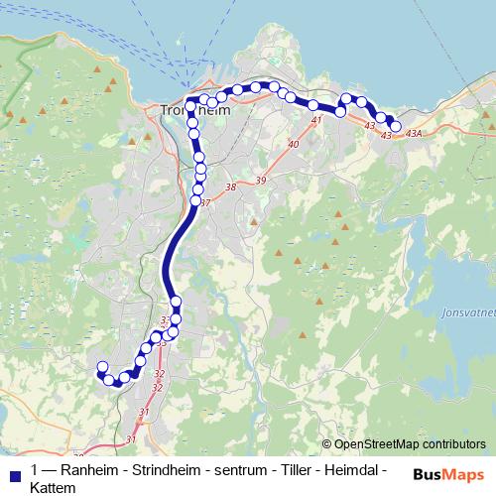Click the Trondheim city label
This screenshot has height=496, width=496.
pos(195,111)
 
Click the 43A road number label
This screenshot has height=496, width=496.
pos(413,133)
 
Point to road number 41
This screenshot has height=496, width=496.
pos(316,120)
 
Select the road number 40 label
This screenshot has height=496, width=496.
pos(293,145)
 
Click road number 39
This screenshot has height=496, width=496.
pos(261,180)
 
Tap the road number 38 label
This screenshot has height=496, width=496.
pos(231,186)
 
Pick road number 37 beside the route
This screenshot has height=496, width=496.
pos(206,203)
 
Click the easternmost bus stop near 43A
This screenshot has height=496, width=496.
pos(396,126)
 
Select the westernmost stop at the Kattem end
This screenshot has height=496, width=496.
pos(101,368)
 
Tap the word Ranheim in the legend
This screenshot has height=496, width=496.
pos(90,469)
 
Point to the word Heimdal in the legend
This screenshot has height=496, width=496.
pos(354,469)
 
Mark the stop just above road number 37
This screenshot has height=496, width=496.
pos(195,201)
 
